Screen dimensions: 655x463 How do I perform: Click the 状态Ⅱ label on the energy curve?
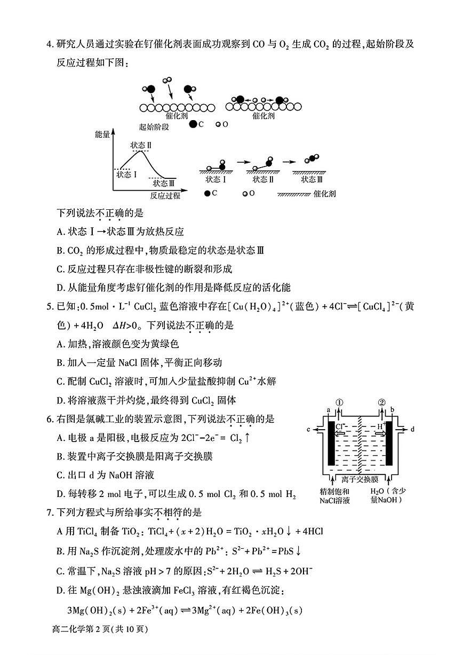(x=141, y=145)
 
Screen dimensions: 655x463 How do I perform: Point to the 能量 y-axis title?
(x=101, y=135)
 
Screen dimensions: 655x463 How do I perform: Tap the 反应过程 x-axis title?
(x=165, y=195)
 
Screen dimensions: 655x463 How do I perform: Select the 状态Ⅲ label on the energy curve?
(x=164, y=183)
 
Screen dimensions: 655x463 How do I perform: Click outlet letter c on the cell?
(x=309, y=429)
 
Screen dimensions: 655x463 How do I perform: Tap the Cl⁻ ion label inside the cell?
(x=341, y=426)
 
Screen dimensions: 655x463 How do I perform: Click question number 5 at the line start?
(x=50, y=308)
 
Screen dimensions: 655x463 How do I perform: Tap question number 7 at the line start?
(x=50, y=512)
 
